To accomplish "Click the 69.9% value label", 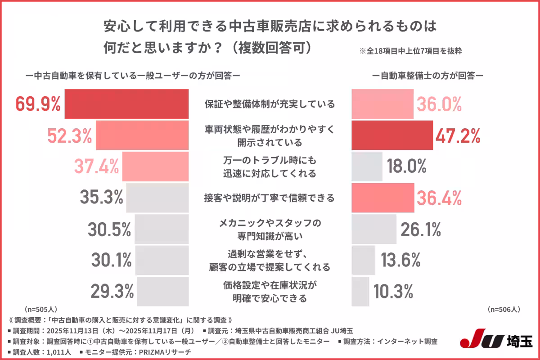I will pos(38,104).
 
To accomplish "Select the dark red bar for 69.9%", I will pos(126,104).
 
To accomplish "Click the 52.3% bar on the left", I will pos(142,135).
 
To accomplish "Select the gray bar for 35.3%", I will pos(157,197).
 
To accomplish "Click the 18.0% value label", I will pos(406,166).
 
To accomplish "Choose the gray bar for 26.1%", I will pos(373,229).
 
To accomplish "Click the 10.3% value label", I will pos(393,291).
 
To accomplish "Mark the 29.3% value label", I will pos(112,291).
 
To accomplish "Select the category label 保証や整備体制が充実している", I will pos(270,104).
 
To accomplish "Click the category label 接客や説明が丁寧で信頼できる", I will pos(270,197).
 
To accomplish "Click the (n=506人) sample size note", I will pos(504,310).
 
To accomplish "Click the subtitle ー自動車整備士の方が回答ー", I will pos(427,76).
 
